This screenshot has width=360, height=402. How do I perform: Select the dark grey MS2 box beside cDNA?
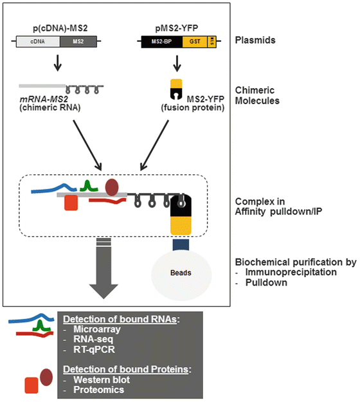click(x=78, y=42)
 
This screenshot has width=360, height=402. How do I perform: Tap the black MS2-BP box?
click(x=161, y=42)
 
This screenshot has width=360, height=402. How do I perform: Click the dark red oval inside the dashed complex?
click(x=112, y=187)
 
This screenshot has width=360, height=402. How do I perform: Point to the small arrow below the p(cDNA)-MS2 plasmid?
click(x=58, y=64)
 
